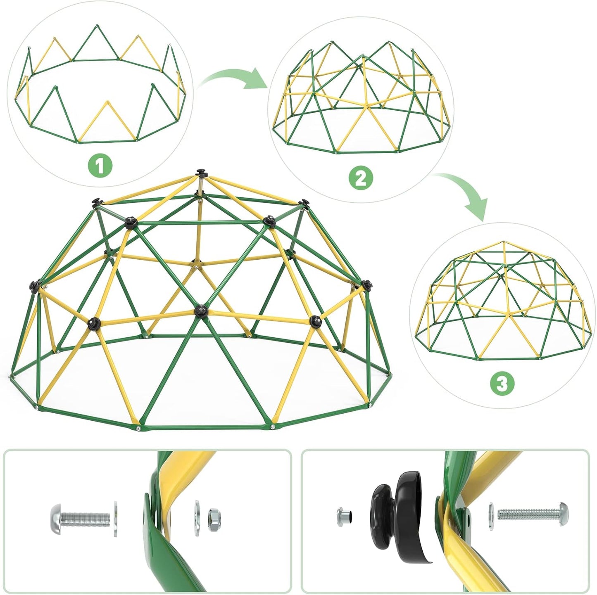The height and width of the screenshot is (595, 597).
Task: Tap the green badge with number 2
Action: (x=360, y=178)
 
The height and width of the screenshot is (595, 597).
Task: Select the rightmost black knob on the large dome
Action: (x=366, y=284)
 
